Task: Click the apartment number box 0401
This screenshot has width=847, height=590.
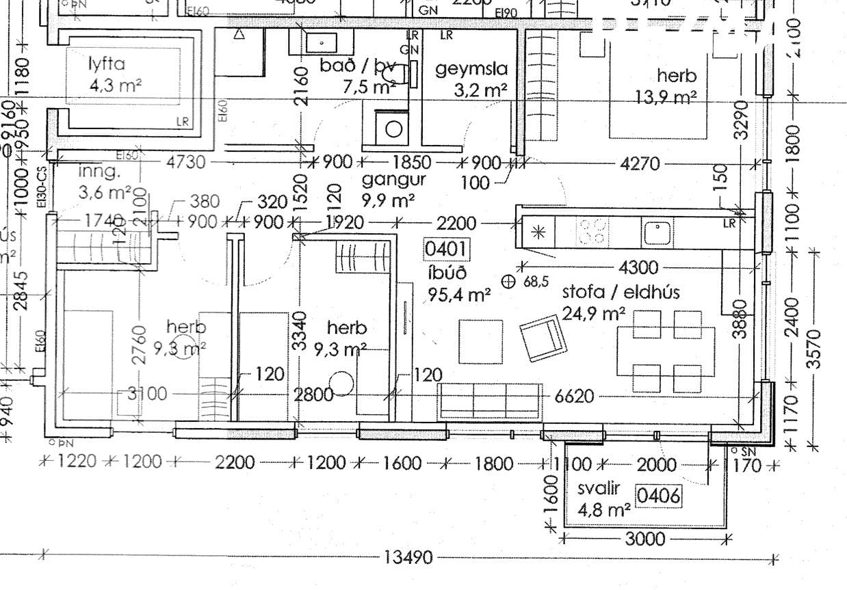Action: (447, 248)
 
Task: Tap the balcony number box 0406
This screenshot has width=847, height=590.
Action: (659, 495)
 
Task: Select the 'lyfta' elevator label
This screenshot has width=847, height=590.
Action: (107, 65)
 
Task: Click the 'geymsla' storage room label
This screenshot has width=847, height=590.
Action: (472, 69)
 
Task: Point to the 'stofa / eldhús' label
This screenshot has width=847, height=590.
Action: (621, 292)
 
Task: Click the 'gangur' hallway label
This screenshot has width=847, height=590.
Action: (393, 180)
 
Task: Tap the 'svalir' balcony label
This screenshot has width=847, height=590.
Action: (598, 489)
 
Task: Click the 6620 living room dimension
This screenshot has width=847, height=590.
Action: (574, 397)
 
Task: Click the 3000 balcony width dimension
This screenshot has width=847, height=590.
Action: (645, 539)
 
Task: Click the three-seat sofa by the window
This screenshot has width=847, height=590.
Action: (492, 399)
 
